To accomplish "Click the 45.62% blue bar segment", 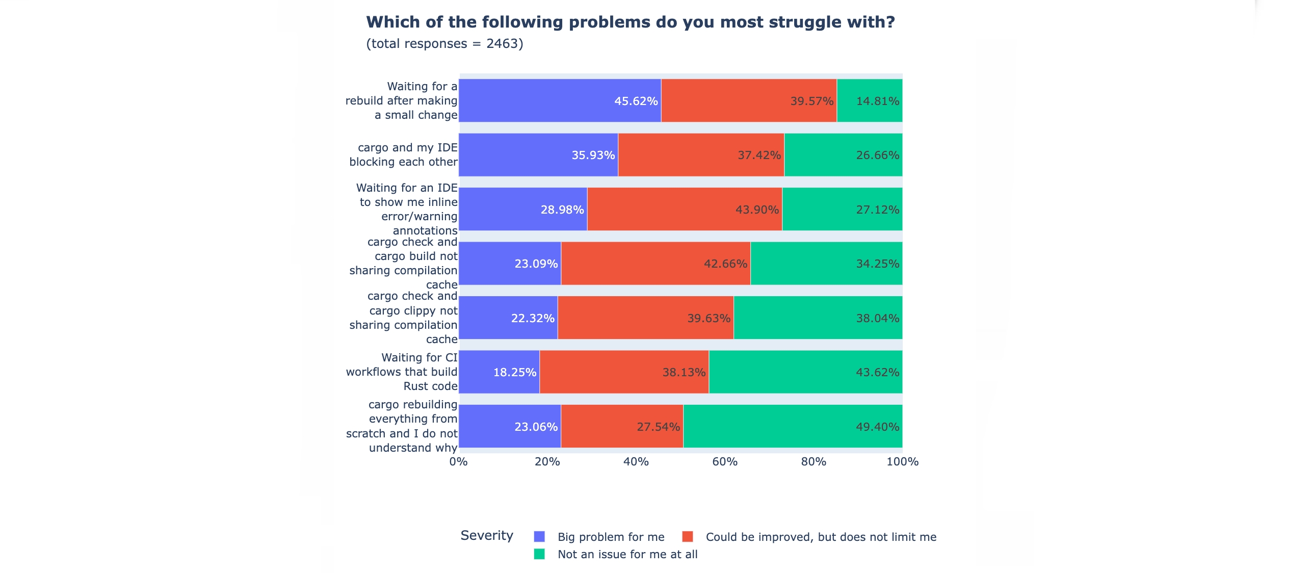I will [x=560, y=100].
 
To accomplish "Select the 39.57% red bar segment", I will [x=748, y=100].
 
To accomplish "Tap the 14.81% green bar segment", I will [x=869, y=100].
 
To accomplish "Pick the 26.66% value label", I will [x=877, y=155].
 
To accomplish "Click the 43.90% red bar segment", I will [x=684, y=209].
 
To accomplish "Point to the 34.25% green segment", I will [x=826, y=264].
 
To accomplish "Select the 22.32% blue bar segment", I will [x=508, y=318].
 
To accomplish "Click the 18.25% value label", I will [x=514, y=372].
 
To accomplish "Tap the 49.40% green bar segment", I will [x=792, y=426].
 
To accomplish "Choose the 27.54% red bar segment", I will [x=621, y=426].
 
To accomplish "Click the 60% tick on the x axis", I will [x=724, y=461].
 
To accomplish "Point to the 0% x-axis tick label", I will [x=458, y=461].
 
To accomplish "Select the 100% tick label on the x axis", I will [x=902, y=461].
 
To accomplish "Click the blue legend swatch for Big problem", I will [x=539, y=536].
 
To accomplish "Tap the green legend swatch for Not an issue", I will [x=539, y=554].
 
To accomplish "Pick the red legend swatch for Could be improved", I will [x=687, y=536].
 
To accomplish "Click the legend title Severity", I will [x=486, y=535].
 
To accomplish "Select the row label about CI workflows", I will [x=402, y=372].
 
